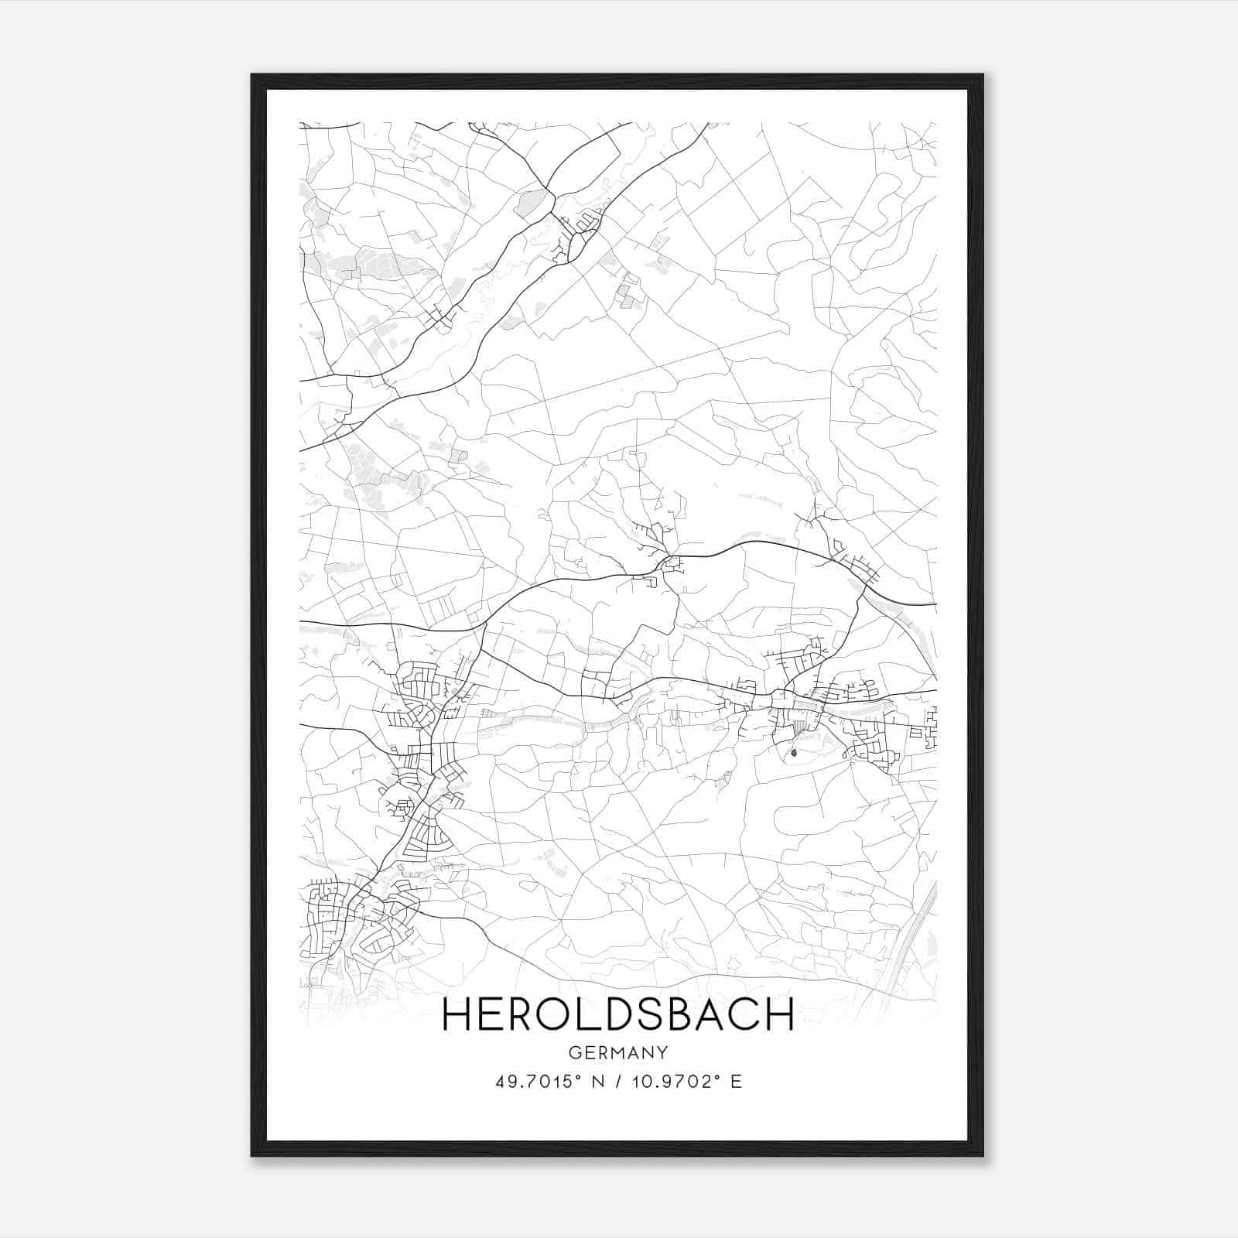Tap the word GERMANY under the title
(x=617, y=1053)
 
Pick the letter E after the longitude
(x=736, y=1082)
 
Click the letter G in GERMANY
(x=573, y=1053)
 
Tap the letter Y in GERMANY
(x=662, y=1053)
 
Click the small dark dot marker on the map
(x=795, y=751)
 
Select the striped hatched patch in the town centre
(x=799, y=727)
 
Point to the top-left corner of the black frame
(x=252, y=75)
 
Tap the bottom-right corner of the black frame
(x=983, y=1156)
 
